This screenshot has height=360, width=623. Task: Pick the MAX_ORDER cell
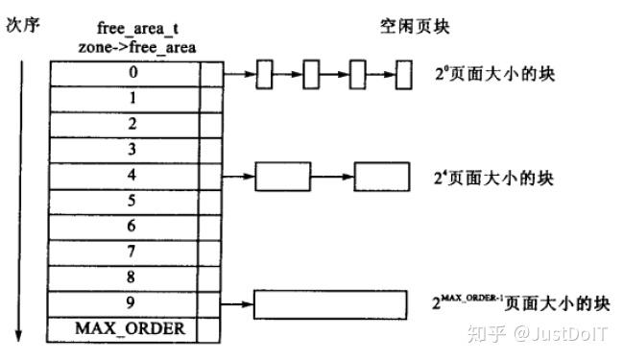coord(130,330)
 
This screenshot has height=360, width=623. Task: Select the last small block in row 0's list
coord(404,73)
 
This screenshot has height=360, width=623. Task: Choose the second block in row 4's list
coord(382,177)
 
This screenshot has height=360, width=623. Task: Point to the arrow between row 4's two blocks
coord(334,177)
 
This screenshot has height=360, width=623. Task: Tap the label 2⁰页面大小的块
coord(493,73)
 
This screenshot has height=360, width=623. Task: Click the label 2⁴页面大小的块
coord(493,177)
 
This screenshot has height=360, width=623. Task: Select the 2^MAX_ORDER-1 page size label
coord(519,302)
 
